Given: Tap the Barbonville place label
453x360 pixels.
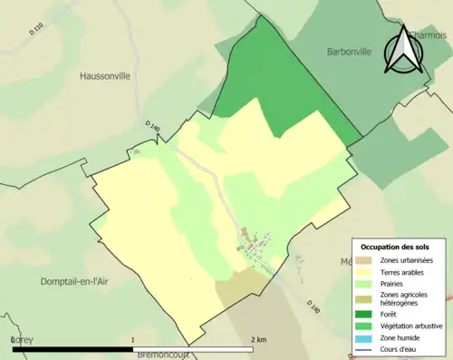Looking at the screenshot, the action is click(x=350, y=53).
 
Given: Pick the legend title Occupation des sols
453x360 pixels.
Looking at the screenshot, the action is click(x=395, y=247).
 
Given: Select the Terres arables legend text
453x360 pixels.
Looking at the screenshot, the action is click(x=400, y=270).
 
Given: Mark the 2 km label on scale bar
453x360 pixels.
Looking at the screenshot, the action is click(x=259, y=339).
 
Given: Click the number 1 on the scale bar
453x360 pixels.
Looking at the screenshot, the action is click(x=135, y=339).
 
